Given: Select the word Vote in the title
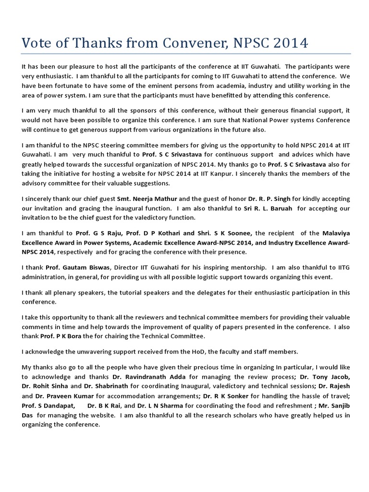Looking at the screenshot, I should [38, 43].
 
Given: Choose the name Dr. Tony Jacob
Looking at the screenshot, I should [331, 377].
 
